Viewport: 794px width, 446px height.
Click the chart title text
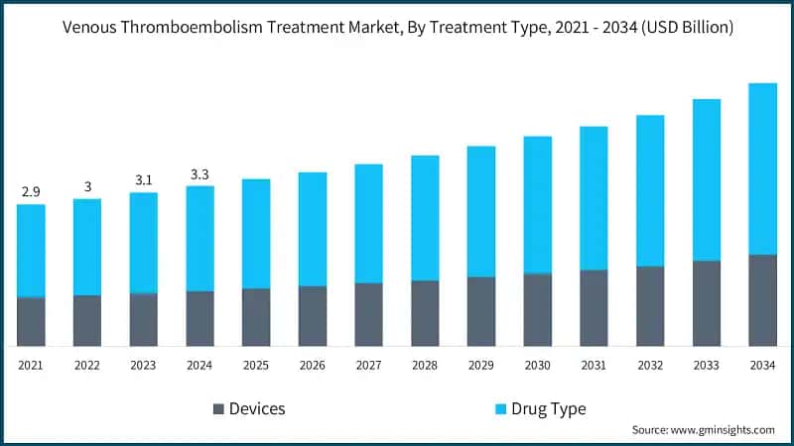tap(397, 28)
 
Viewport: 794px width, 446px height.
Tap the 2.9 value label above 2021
tap(31, 190)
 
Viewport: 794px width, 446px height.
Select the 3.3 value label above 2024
tap(199, 175)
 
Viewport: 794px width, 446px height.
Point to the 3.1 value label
tap(143, 180)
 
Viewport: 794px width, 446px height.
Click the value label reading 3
tap(87, 186)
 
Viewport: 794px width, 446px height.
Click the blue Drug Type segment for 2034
tap(762, 168)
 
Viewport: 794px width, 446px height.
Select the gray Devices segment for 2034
tap(762, 300)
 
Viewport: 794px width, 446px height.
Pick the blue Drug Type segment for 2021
tap(31, 251)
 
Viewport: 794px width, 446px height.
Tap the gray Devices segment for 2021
tap(31, 322)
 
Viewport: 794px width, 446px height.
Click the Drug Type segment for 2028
tap(425, 218)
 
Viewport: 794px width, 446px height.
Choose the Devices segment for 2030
tap(537, 310)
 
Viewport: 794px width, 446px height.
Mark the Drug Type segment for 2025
tap(256, 234)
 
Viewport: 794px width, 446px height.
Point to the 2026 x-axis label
tap(312, 366)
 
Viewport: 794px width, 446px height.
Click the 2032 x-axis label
tap(650, 366)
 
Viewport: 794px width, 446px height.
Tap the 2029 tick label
tap(481, 366)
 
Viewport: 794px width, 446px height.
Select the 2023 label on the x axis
tap(143, 366)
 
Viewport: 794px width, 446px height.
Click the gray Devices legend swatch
tap(217, 409)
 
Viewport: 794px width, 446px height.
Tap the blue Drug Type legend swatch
tap(501, 409)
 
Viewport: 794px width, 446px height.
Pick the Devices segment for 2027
tap(368, 314)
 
